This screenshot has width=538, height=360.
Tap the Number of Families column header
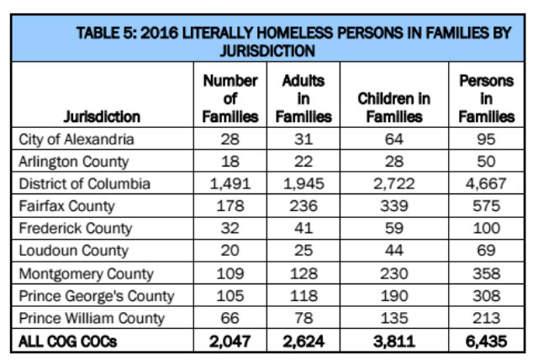coord(229,98)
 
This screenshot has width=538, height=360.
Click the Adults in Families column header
coord(303,98)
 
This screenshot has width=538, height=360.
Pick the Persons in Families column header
coord(486,98)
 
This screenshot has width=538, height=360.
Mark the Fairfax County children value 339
coord(393,206)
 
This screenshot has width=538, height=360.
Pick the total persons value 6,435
coord(486,341)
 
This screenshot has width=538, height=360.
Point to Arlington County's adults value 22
coord(303,161)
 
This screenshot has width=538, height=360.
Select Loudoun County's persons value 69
coord(486,251)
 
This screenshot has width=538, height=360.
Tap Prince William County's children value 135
coord(393,319)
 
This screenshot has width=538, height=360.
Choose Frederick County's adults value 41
coord(303,229)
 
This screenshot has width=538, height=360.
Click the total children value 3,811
coord(393,341)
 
